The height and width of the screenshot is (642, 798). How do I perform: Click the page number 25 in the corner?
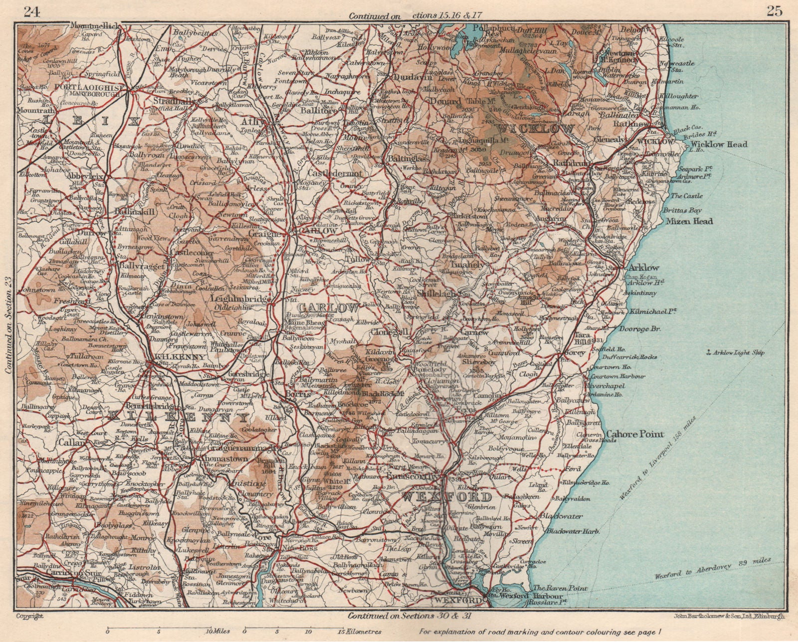775,11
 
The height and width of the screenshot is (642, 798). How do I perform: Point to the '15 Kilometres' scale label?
361,631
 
